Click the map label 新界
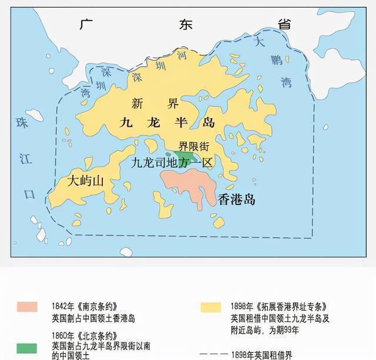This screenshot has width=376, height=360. pyautogui.click(x=155, y=104)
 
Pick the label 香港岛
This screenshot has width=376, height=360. pyautogui.click(x=237, y=199)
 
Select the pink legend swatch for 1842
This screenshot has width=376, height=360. pyautogui.click(x=27, y=307)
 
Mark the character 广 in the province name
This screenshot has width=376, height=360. pyautogui.click(x=87, y=25)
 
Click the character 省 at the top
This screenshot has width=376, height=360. pyautogui.click(x=284, y=24)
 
